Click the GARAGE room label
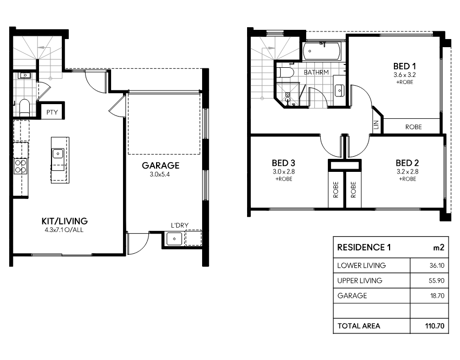(x=160, y=165)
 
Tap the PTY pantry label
(x=52, y=112)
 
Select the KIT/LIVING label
(x=64, y=221)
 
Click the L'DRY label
(x=179, y=225)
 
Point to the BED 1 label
(x=405, y=66)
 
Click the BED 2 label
(x=407, y=163)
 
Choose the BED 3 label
(x=283, y=163)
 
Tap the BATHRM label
(x=316, y=72)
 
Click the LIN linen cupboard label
(x=377, y=125)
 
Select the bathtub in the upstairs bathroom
(x=321, y=51)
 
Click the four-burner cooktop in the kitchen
(x=21, y=166)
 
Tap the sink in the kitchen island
(x=58, y=153)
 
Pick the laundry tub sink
(x=174, y=239)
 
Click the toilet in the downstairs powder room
(x=24, y=107)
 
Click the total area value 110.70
(x=435, y=326)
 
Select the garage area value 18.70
(x=437, y=295)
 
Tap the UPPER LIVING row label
(x=360, y=280)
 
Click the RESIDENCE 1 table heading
(x=364, y=247)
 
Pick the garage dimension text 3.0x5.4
(x=160, y=175)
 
